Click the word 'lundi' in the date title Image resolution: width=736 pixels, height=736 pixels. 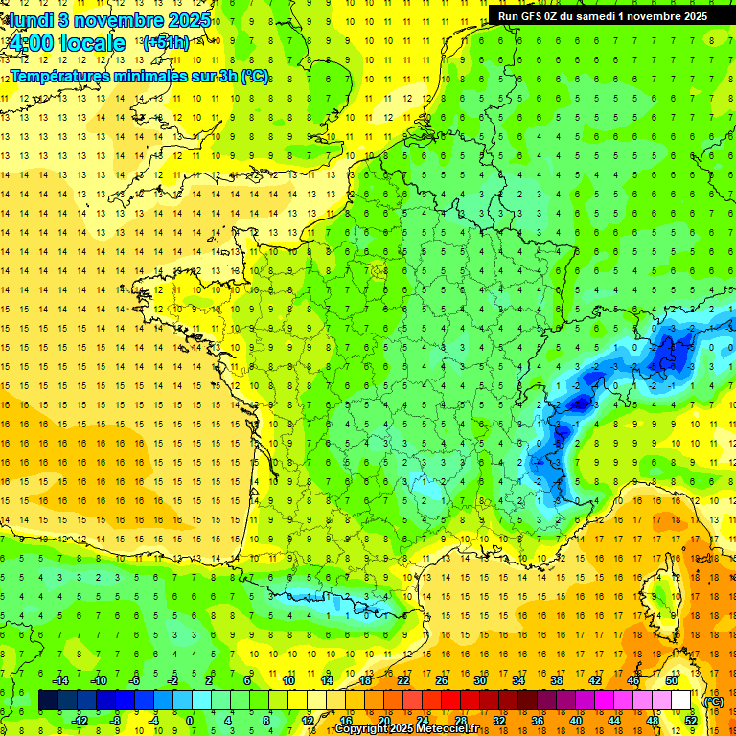pyautogui.click(x=28, y=20)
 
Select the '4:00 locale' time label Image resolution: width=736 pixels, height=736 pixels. pyautogui.click(x=66, y=43)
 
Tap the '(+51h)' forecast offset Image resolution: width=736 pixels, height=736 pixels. pyautogui.click(x=166, y=43)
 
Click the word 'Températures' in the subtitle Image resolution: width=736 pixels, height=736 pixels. pyautogui.click(x=62, y=77)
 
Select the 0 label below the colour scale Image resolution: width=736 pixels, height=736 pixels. pyautogui.click(x=189, y=721)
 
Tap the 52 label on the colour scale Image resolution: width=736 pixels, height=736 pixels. pyautogui.click(x=690, y=721)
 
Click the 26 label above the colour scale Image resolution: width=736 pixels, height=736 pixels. pyautogui.click(x=442, y=680)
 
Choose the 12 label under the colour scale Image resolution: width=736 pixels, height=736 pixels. pyautogui.click(x=307, y=721)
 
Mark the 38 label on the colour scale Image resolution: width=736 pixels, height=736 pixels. pyautogui.click(x=557, y=680)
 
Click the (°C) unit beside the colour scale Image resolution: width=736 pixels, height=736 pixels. pyautogui.click(x=713, y=701)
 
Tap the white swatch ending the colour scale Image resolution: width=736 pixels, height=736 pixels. pyautogui.click(x=680, y=701)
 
